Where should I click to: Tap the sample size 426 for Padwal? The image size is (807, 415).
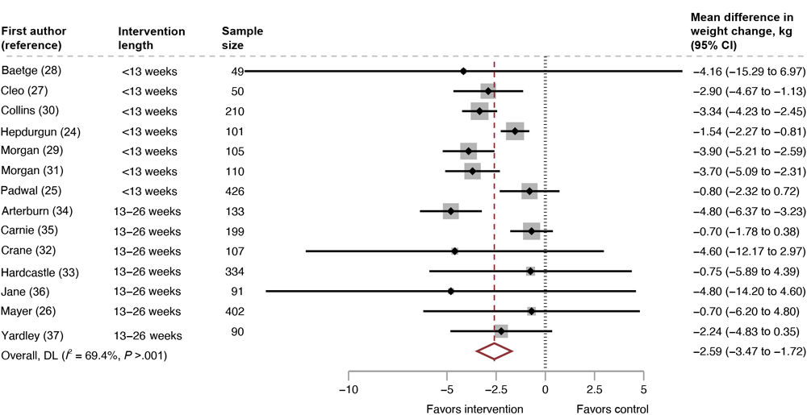[235, 191]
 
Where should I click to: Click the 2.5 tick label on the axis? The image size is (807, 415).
[596, 390]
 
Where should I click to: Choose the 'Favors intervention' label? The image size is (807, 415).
[475, 409]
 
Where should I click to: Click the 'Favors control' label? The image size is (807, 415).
[612, 409]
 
